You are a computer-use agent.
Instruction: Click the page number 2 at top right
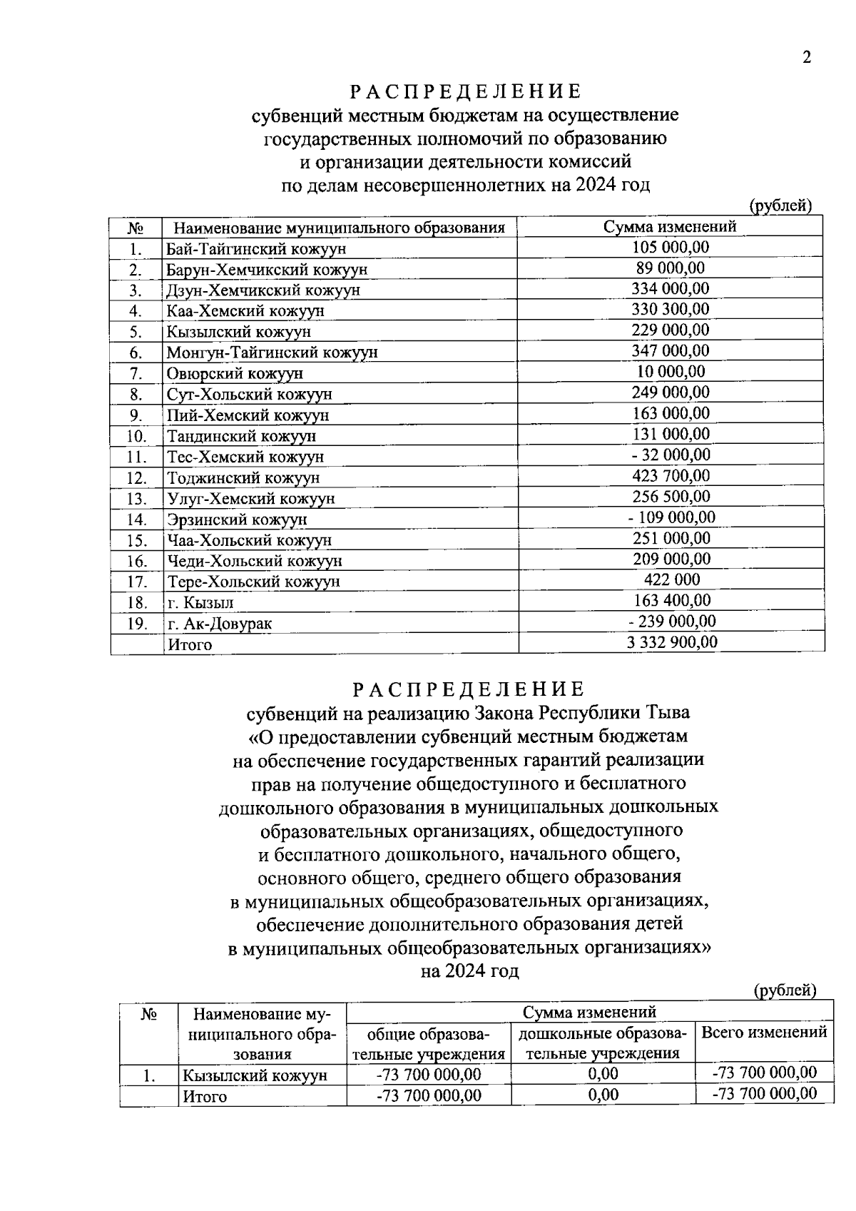(x=807, y=59)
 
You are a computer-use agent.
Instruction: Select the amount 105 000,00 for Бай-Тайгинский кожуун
(x=671, y=247)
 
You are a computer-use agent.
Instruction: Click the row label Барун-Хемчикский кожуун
(x=267, y=270)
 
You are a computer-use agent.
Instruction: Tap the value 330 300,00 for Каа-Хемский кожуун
(x=671, y=309)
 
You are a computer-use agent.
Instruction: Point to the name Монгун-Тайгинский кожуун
(x=272, y=353)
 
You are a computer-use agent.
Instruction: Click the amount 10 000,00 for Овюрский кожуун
(x=671, y=371)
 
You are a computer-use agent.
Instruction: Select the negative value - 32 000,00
(x=670, y=455)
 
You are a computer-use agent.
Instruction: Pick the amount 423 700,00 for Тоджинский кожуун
(x=671, y=475)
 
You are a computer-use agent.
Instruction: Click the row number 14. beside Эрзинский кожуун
(x=136, y=520)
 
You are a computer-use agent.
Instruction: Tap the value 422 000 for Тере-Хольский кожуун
(x=671, y=579)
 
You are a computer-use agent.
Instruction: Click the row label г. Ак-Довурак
(x=219, y=624)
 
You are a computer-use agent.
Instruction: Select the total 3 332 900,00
(x=672, y=642)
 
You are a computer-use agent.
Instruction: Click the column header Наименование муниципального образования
(x=339, y=228)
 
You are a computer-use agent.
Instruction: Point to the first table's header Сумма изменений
(x=670, y=227)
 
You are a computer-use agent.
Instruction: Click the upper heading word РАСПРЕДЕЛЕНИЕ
(x=465, y=91)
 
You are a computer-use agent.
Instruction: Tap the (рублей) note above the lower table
(x=785, y=990)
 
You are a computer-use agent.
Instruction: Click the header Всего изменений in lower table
(x=764, y=1032)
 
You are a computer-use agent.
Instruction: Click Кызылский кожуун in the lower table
(x=255, y=1075)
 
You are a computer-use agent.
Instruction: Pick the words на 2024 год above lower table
(x=469, y=971)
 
